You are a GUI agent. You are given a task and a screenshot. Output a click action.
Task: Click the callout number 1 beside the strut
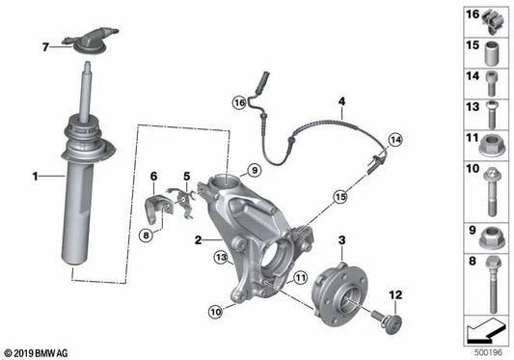(34, 177)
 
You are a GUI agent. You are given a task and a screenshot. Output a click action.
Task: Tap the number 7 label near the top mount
(44, 46)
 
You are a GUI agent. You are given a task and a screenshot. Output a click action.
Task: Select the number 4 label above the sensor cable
(339, 101)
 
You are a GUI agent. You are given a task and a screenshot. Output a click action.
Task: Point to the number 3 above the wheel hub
(339, 238)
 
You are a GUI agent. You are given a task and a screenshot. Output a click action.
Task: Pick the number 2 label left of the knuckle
(198, 239)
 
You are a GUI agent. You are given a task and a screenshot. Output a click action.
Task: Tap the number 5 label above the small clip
(187, 176)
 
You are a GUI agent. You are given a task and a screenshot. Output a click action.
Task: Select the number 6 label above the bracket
(152, 176)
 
